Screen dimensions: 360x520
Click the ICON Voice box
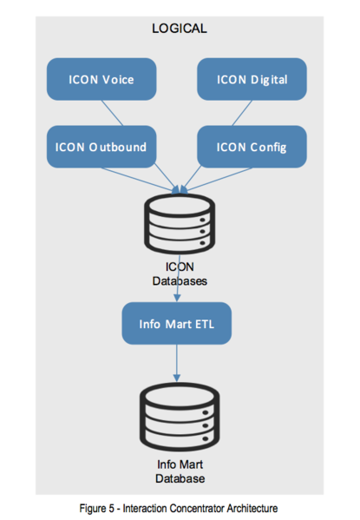(101, 79)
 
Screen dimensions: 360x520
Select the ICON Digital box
(252, 79)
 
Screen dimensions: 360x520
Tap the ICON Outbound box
(101, 147)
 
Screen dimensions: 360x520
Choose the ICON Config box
(252, 147)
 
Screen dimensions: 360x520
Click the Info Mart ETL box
(177, 323)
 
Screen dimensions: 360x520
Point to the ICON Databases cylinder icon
(180, 224)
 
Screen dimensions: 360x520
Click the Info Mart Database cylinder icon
(180, 417)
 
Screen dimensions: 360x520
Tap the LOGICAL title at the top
(180, 29)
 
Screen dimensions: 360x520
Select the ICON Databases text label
(180, 274)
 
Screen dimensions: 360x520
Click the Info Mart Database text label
(180, 471)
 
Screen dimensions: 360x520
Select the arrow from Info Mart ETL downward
(177, 363)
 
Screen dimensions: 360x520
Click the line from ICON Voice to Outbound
(112, 113)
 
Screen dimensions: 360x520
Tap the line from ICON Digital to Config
(242, 113)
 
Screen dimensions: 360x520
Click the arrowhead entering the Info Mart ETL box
(177, 298)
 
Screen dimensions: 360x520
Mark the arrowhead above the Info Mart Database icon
(177, 378)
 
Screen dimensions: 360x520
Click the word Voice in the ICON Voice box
(118, 80)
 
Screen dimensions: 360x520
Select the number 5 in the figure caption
(112, 509)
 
